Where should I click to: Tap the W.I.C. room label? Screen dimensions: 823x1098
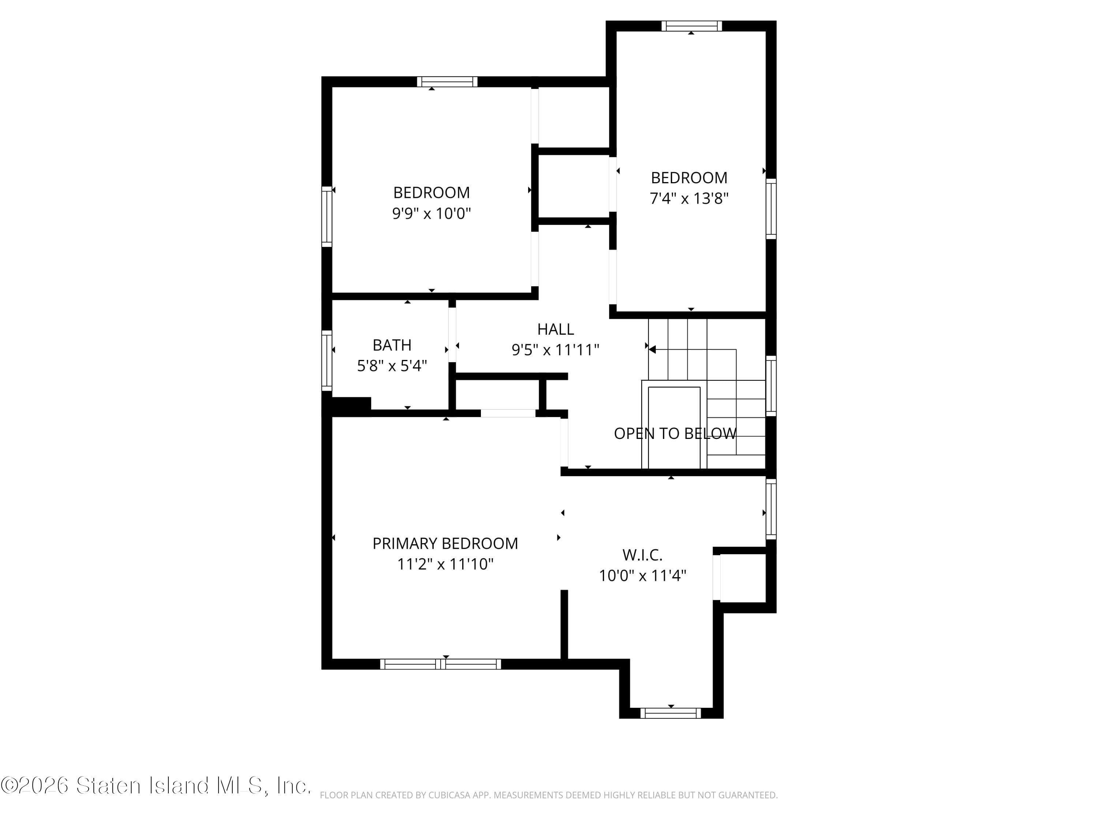tap(642, 554)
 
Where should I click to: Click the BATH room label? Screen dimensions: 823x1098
tap(392, 345)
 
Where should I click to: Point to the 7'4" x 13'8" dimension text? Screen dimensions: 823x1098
tap(688, 198)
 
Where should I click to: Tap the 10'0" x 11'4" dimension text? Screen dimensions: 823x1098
tap(642, 575)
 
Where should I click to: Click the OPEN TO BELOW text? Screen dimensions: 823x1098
tap(675, 433)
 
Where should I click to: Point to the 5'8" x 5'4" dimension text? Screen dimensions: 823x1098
tap(392, 366)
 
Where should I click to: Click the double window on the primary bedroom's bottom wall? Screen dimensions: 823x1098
tap(440, 664)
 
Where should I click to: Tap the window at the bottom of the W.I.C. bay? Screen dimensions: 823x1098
tap(670, 713)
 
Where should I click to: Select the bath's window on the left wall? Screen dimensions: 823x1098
tap(326, 360)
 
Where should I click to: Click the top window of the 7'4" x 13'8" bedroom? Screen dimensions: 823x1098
tap(691, 26)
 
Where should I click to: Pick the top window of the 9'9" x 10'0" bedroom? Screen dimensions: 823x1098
tap(447, 82)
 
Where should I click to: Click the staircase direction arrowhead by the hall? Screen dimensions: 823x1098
tap(652, 350)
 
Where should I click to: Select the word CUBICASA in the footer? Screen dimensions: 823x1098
tap(447, 795)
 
